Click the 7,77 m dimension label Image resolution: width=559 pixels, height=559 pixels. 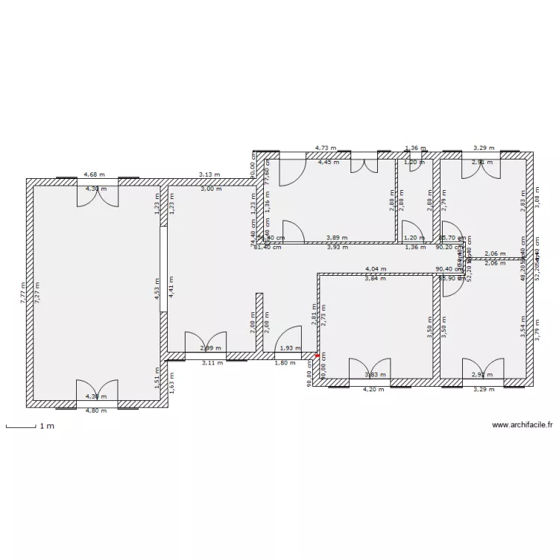pyautogui.click(x=23, y=292)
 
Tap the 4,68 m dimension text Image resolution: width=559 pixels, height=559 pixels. pyautogui.click(x=94, y=174)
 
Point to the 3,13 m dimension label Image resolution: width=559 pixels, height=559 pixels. pyautogui.click(x=209, y=174)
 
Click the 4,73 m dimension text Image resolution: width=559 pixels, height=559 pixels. pyautogui.click(x=325, y=148)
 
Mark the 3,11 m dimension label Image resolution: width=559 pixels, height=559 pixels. pyautogui.click(x=212, y=363)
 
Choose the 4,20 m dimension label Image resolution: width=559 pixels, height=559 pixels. pyautogui.click(x=373, y=389)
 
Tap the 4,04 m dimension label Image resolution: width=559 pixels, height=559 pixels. pyautogui.click(x=376, y=268)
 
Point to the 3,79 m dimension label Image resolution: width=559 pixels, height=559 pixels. pyautogui.click(x=537, y=328)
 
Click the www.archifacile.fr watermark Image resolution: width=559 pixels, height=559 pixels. pyautogui.click(x=522, y=425)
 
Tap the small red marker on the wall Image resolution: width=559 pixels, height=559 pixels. pyautogui.click(x=317, y=356)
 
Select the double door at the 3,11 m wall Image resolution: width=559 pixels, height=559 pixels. pyautogui.click(x=205, y=343)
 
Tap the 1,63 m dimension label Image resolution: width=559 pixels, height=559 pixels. pyautogui.click(x=171, y=386)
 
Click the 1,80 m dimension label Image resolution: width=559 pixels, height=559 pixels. pyautogui.click(x=283, y=363)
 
